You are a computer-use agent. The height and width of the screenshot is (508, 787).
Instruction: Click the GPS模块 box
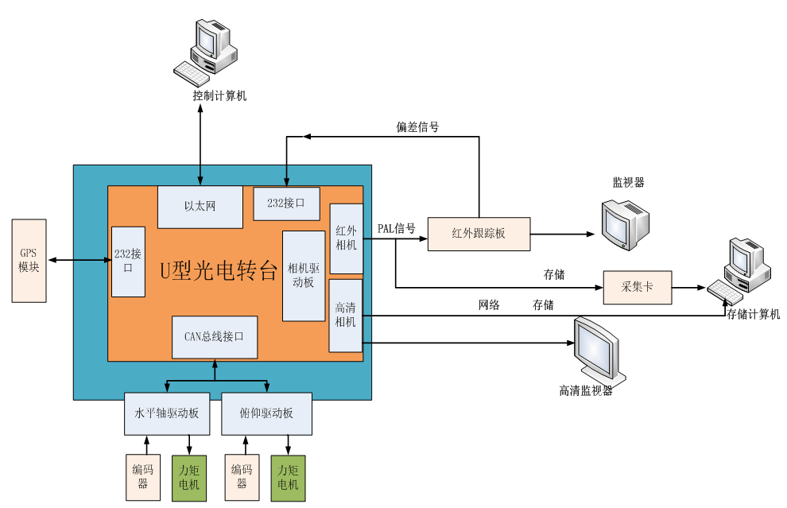pyautogui.click(x=29, y=261)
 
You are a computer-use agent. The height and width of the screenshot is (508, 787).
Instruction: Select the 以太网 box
pyautogui.click(x=200, y=207)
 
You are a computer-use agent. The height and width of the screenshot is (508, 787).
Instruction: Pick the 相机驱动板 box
pyautogui.click(x=304, y=276)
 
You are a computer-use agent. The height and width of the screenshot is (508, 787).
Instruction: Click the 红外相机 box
pyautogui.click(x=346, y=238)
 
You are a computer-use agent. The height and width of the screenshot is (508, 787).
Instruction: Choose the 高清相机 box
pyautogui.click(x=346, y=315)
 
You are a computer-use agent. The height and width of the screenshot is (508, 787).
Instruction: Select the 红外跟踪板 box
pyautogui.click(x=479, y=234)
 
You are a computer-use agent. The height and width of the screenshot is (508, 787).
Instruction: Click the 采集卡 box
pyautogui.click(x=637, y=287)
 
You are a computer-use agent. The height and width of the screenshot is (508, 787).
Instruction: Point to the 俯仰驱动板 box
pyautogui.click(x=266, y=413)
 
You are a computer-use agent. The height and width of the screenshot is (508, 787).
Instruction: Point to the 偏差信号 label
pyautogui.click(x=417, y=126)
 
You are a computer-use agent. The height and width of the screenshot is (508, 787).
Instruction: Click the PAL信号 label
pyautogui.click(x=396, y=229)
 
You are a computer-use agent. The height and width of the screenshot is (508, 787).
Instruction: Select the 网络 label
pyautogui.click(x=489, y=304)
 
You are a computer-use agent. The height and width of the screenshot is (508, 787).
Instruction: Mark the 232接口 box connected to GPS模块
pyautogui.click(x=128, y=262)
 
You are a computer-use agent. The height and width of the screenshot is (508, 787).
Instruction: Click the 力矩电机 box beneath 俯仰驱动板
pyautogui.click(x=288, y=478)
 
